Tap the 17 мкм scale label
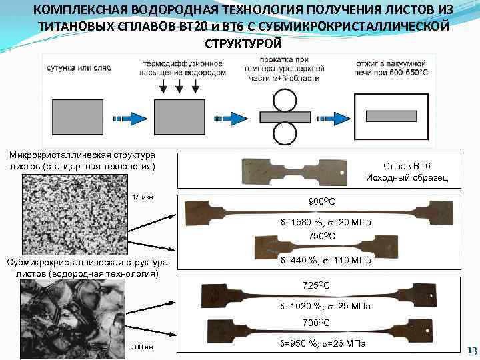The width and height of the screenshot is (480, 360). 143,197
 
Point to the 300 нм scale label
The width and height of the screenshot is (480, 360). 143,347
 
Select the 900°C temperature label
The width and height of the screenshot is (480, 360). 322,201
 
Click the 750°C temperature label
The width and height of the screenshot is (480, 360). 322,235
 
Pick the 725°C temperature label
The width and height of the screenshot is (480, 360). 317,285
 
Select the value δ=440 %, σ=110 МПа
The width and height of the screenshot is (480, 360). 326,260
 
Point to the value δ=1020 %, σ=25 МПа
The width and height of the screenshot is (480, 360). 325,306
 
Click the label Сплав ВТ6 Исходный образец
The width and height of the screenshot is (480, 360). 407,171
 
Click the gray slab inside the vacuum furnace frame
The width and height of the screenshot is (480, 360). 393,117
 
